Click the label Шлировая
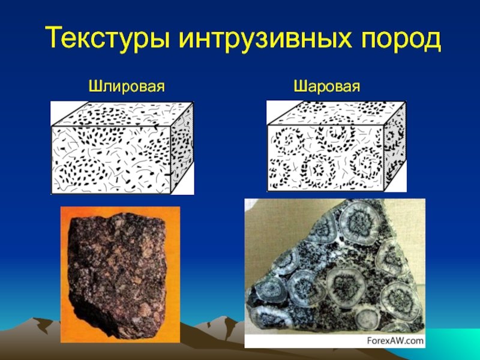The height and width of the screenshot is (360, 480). tap(127, 86)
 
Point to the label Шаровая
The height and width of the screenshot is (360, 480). tap(327, 86)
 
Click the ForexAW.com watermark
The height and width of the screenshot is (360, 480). tap(395, 341)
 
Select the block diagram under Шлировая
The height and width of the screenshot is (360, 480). tap(122, 148)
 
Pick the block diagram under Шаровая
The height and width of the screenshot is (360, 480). tap(337, 146)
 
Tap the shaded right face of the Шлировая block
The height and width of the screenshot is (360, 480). tap(182, 148)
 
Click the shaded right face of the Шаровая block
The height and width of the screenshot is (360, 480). tap(395, 146)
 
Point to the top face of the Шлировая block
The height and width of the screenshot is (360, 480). tap(122, 114)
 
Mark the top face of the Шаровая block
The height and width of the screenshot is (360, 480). tap(337, 113)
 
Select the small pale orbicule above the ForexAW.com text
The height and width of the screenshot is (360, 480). tap(368, 318)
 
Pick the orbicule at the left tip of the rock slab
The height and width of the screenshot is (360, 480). tap(268, 290)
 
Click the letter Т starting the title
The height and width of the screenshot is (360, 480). tap(55, 37)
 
